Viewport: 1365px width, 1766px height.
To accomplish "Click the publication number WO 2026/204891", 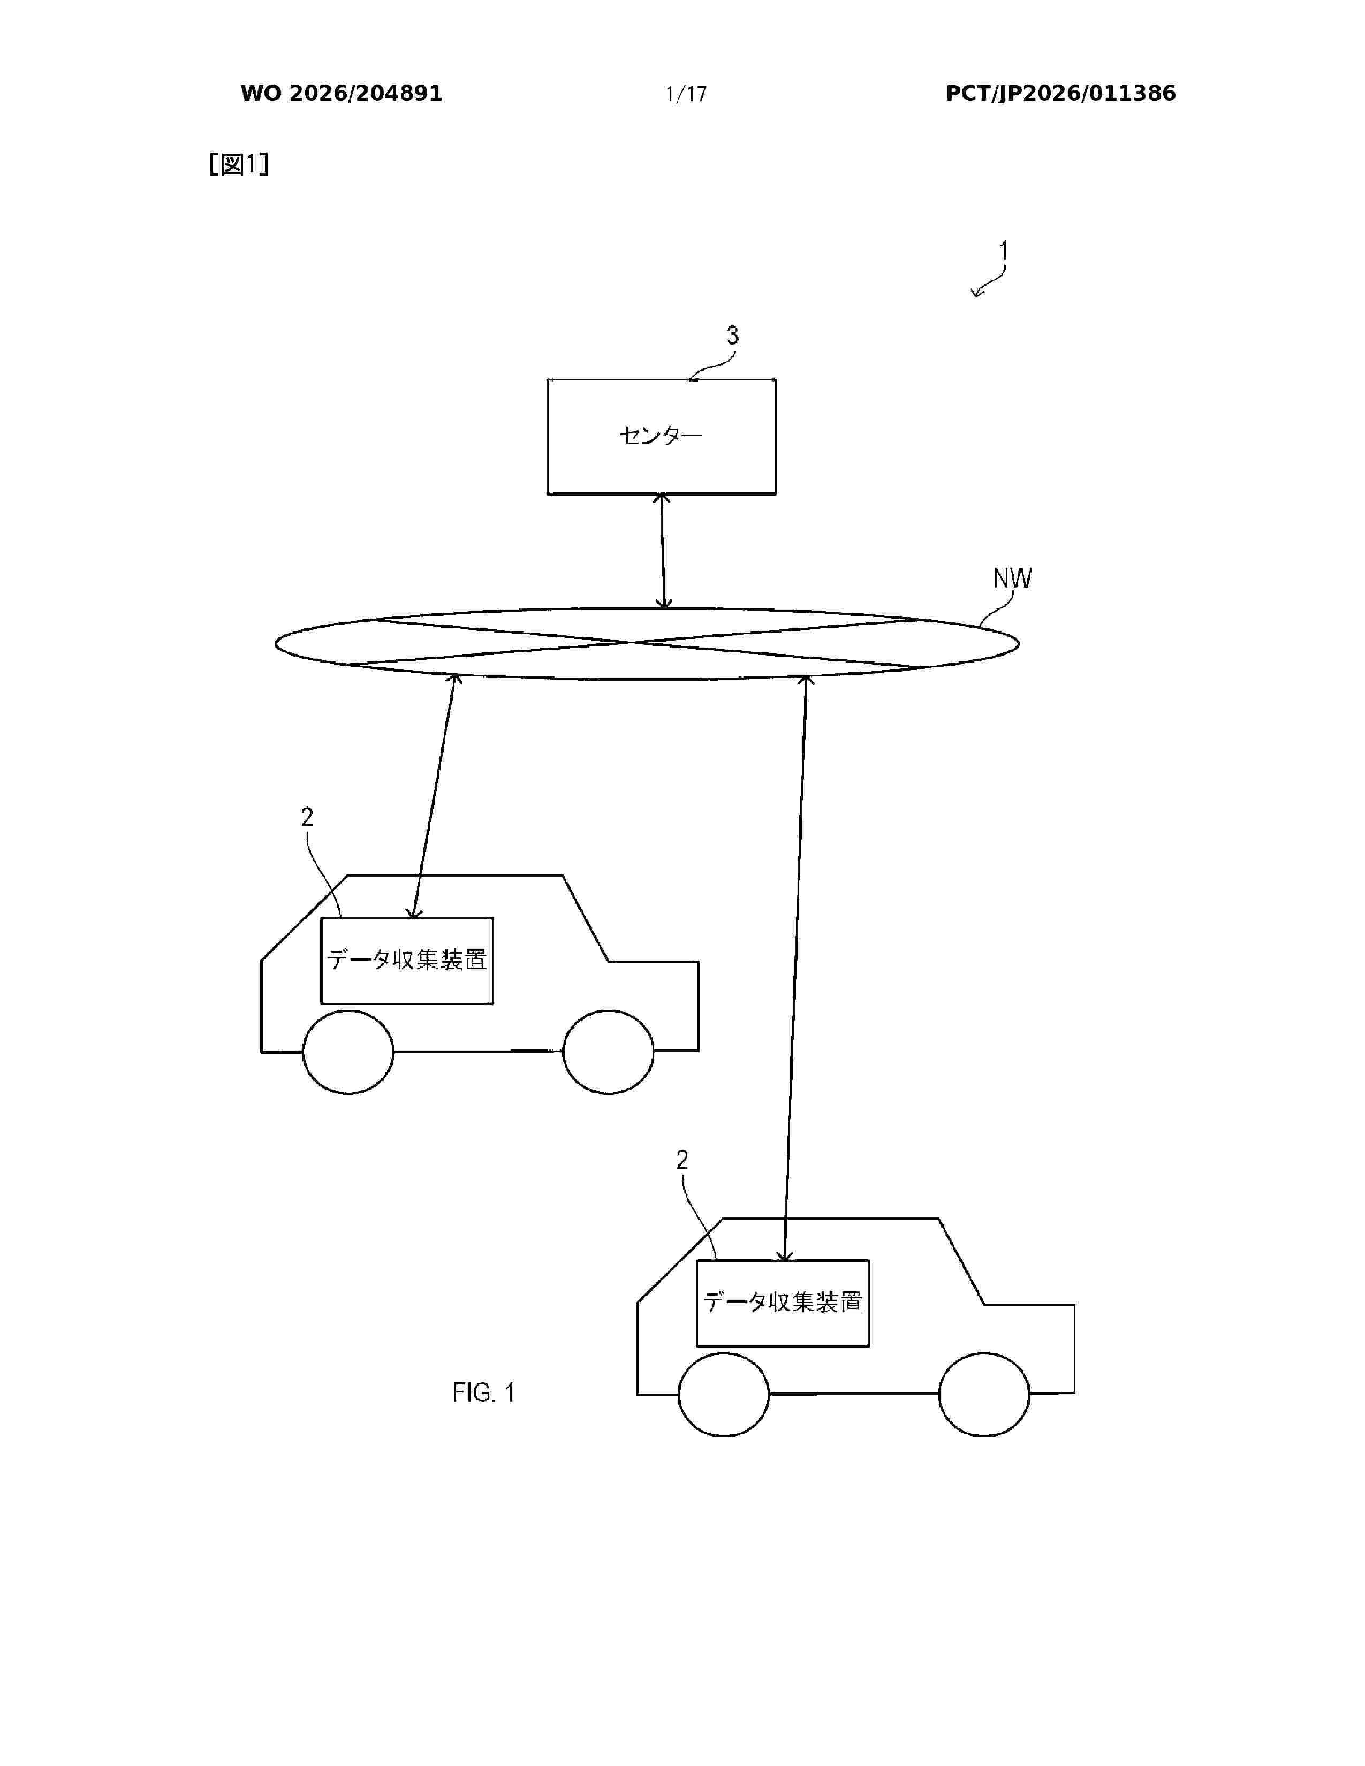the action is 342,94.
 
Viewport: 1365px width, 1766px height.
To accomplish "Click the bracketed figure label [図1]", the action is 239,164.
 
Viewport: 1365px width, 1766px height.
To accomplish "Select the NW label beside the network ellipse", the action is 1012,578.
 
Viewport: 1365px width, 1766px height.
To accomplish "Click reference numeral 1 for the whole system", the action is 1004,250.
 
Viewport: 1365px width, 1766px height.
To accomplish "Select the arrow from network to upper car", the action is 434,796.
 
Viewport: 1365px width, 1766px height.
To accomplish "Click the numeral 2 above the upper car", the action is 307,818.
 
